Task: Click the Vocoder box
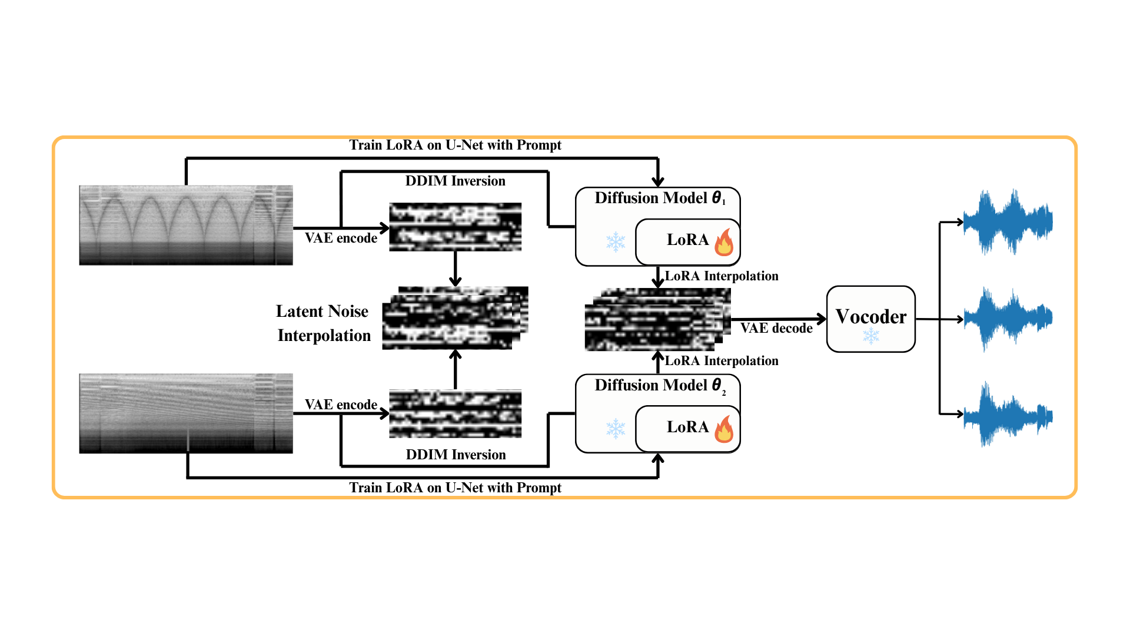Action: tap(870, 319)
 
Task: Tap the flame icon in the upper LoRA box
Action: tap(724, 242)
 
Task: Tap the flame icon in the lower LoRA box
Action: tap(724, 429)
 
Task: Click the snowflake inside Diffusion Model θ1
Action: tap(616, 241)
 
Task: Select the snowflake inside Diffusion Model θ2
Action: tap(616, 429)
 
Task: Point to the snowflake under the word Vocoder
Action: tap(870, 336)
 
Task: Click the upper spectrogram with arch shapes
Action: tap(186, 225)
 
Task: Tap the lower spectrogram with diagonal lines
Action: tap(186, 413)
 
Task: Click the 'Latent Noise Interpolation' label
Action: tap(323, 323)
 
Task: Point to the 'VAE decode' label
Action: tap(776, 329)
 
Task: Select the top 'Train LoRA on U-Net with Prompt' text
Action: tap(455, 145)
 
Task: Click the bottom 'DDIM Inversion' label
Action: tap(456, 455)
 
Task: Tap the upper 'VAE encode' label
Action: tap(341, 238)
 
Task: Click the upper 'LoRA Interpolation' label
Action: tap(722, 276)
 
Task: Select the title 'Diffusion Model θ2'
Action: tap(660, 385)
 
